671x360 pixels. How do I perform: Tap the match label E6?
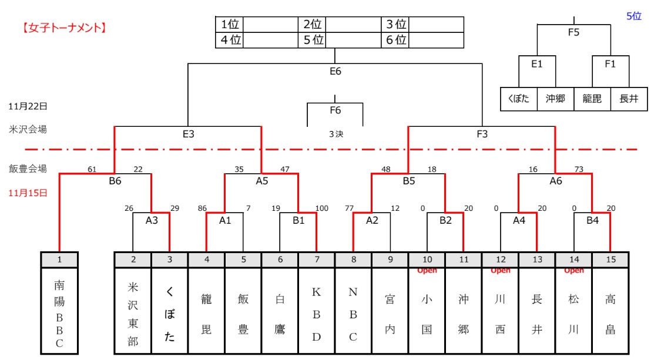[335, 71]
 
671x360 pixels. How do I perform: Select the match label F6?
[335, 110]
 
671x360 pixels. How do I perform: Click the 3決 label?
[335, 134]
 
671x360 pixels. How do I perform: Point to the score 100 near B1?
[321, 208]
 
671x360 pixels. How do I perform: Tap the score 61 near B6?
[92, 170]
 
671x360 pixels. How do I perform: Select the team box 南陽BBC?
[59, 310]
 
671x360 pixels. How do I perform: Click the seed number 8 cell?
[353, 259]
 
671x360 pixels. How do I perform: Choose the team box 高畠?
[610, 310]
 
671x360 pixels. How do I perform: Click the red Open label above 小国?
[427, 271]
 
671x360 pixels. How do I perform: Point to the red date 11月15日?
[28, 192]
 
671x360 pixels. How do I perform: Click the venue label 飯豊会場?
[28, 169]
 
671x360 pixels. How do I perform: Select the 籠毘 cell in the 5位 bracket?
[592, 99]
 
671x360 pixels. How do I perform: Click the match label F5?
[573, 33]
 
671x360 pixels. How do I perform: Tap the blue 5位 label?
[633, 16]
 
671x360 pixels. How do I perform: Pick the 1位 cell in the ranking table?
[230, 24]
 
